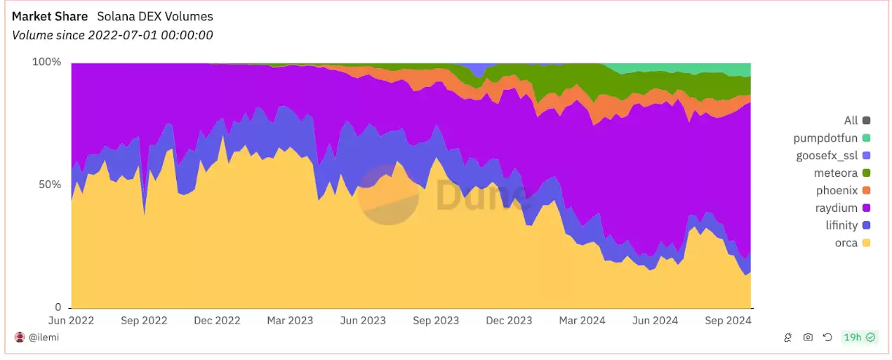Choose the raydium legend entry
tap(837, 208)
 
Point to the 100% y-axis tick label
tap(47, 62)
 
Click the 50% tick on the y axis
tap(50, 185)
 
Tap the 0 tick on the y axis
tap(58, 307)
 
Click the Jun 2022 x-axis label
tap(71, 321)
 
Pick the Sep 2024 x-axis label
tap(728, 321)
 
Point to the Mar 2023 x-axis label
tap(290, 321)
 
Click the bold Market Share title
tap(50, 16)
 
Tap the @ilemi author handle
tap(44, 338)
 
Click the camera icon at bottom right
tap(808, 338)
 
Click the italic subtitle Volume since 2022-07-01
tap(112, 35)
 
